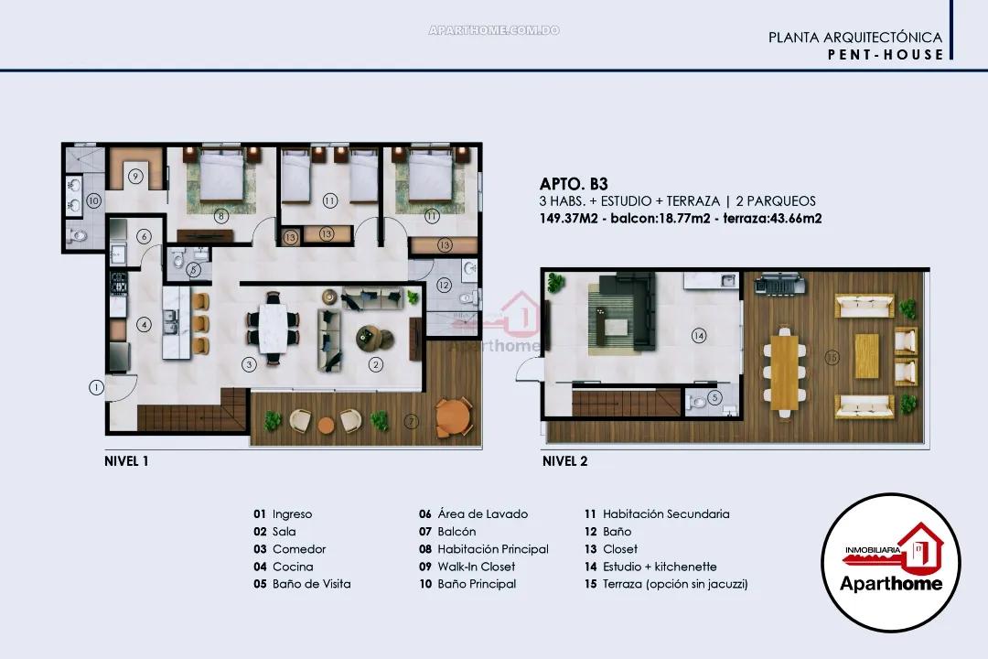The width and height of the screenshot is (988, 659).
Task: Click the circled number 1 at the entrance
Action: click(95, 387)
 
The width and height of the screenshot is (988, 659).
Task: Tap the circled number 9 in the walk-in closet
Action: click(134, 176)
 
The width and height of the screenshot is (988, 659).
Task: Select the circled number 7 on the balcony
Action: click(412, 421)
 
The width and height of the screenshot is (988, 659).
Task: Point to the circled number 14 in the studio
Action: click(699, 336)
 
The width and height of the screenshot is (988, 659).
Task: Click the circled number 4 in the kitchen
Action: click(144, 323)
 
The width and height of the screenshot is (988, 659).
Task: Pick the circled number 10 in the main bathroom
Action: click(92, 200)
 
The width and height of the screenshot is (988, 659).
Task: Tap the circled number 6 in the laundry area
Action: click(144, 236)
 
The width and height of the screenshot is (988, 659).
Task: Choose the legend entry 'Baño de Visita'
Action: click(311, 584)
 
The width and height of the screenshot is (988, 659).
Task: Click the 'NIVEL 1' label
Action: click(126, 461)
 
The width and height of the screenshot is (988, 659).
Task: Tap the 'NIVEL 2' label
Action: click(564, 461)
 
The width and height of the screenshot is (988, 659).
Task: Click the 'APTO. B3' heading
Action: click(574, 183)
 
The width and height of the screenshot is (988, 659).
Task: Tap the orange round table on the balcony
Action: click(454, 419)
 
